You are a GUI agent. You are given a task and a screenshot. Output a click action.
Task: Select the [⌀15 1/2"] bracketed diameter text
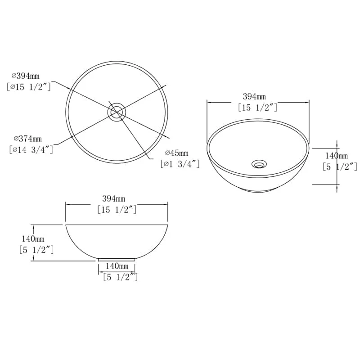(29, 86)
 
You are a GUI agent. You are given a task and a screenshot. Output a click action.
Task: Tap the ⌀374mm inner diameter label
(27, 139)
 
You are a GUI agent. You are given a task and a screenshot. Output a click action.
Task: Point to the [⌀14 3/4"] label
(30, 149)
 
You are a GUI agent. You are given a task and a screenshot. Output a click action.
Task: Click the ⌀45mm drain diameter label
(176, 153)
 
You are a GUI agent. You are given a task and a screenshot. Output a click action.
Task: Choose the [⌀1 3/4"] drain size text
(180, 164)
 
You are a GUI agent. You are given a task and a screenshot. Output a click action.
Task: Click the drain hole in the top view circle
(117, 111)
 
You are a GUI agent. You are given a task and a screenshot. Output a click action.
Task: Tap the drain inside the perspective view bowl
(258, 163)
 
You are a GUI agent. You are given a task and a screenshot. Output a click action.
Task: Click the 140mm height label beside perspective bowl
(335, 156)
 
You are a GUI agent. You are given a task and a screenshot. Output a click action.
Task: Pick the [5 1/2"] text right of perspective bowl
(340, 166)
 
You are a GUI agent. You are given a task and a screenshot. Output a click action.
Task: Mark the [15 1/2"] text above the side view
(117, 209)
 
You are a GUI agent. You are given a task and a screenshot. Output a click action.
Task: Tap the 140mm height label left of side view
(33, 238)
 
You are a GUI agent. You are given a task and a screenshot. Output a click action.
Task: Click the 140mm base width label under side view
(116, 266)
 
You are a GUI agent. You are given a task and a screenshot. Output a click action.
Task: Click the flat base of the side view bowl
(117, 260)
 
